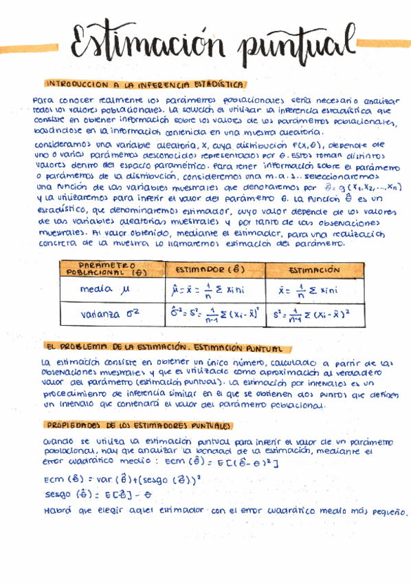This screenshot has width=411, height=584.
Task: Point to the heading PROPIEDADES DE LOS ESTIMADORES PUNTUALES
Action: point(138,426)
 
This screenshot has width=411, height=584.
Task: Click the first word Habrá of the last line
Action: point(56,511)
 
